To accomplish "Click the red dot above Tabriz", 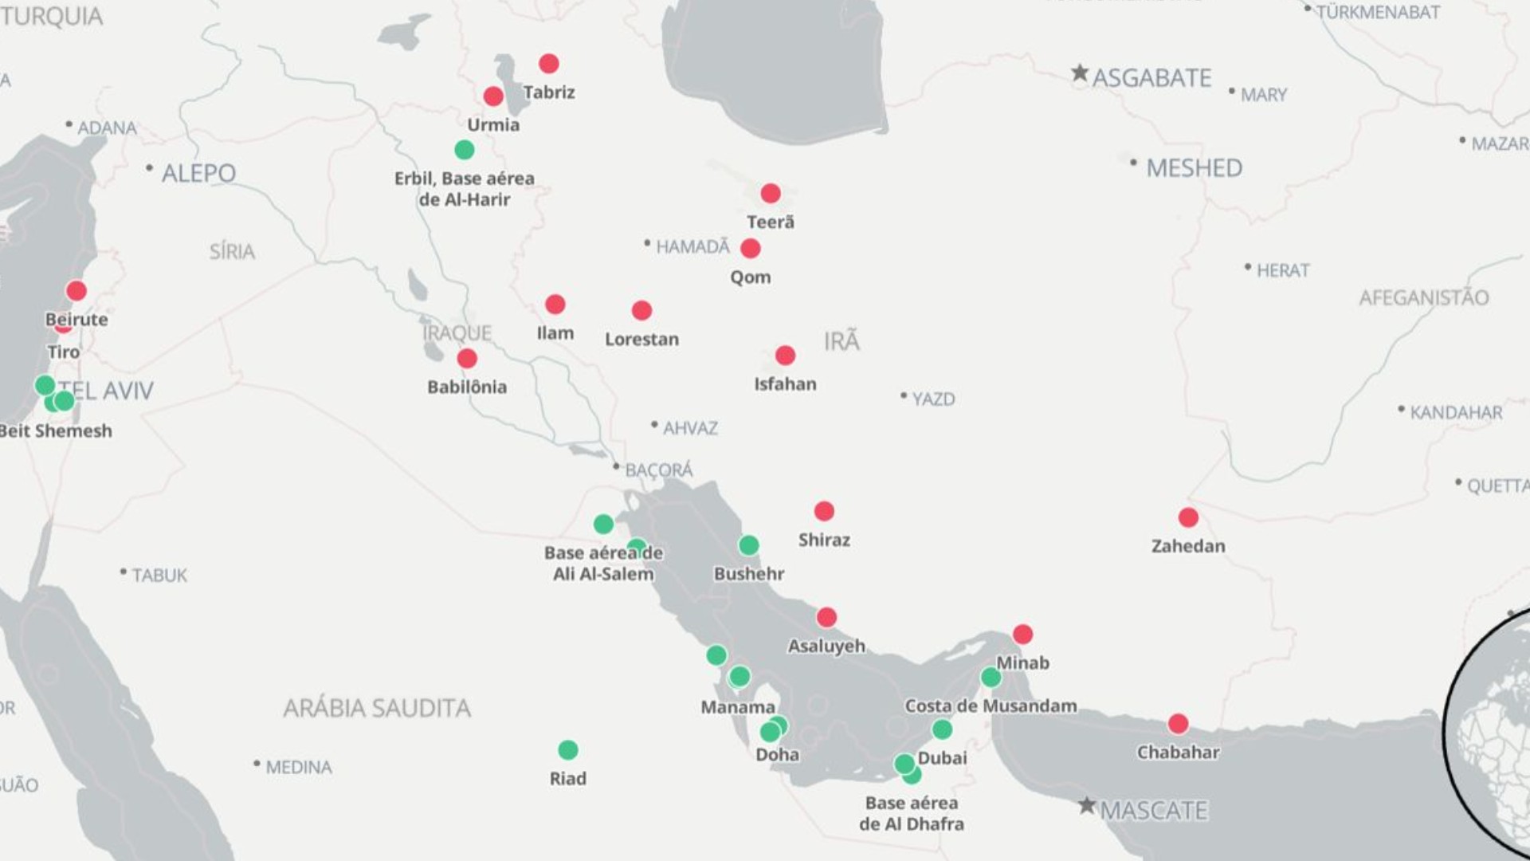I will pos(549,64).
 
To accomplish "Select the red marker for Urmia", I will pos(493,96).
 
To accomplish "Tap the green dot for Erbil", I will pos(465,150).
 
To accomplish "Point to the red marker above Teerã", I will pos(771,193).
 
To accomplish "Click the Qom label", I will pos(751,277).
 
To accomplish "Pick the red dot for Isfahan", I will pos(785,355).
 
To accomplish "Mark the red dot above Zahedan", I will pos(1188,517).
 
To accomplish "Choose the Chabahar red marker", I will pos(1178,724).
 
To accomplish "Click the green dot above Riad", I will pos(568,750).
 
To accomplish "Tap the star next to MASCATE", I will pos(1087,805).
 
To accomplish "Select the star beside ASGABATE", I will pos(1080,73).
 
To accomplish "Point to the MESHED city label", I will pos(1194,168).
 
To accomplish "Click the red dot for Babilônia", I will pos(467,359).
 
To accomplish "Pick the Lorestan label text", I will pos(641,340).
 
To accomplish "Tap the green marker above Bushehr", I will pos(748,545).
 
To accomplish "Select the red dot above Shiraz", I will pos(824,511).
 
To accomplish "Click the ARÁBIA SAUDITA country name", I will pos(377,708).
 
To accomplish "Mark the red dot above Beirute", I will pos(76,290).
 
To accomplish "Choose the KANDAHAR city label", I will pos(1456,413).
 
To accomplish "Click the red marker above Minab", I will pos(1022,635).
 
